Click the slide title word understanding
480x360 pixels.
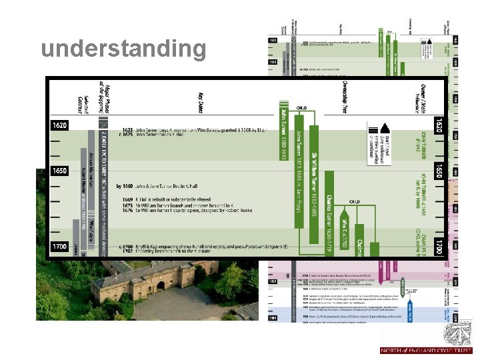[x=123, y=49]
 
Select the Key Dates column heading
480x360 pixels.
[x=200, y=104]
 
